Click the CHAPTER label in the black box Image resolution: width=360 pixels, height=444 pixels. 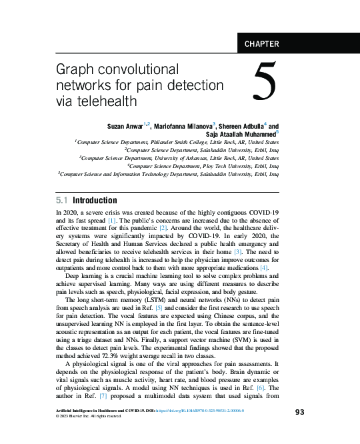coord(262,45)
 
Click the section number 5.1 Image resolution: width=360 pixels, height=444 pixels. coord(61,201)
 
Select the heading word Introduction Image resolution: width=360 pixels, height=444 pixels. coord(95,201)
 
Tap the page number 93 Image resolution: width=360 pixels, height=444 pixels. coord(299,412)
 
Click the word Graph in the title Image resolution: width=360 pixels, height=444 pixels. coord(73,71)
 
